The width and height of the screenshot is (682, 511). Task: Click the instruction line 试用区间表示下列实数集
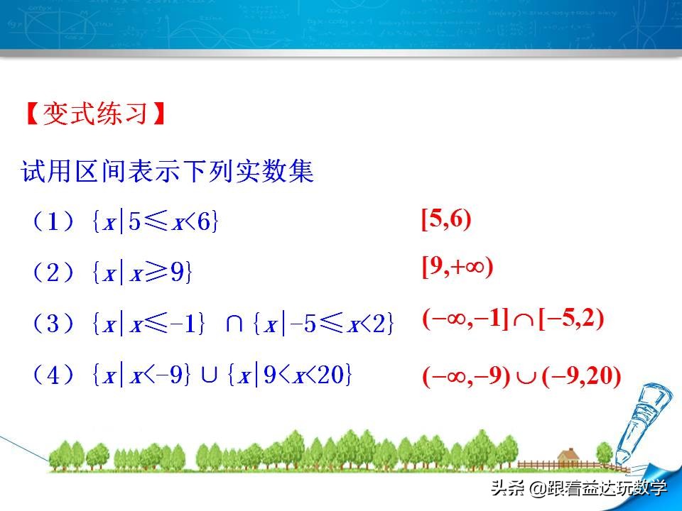pos(168,171)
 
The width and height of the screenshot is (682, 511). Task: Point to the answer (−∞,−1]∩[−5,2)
pos(513,321)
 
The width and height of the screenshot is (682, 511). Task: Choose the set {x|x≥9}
pos(142,273)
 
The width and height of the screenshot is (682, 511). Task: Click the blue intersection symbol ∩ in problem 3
pos(235,323)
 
